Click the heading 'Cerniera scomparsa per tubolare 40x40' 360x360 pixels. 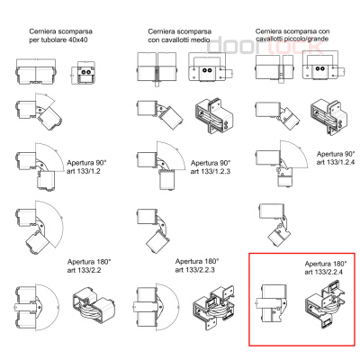(x=60, y=35)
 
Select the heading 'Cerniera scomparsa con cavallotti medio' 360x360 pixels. (x=179, y=35)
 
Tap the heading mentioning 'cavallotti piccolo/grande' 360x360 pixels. (x=292, y=35)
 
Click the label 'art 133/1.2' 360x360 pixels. (x=84, y=171)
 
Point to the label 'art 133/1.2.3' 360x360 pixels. (x=211, y=171)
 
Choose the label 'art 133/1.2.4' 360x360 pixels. (x=336, y=162)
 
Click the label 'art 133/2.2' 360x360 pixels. (x=84, y=270)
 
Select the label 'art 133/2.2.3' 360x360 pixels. (x=194, y=270)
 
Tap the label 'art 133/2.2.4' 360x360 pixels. (x=324, y=272)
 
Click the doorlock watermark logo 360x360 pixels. (x=265, y=45)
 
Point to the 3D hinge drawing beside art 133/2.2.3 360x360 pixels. (x=214, y=307)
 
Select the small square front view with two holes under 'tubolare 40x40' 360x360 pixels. (x=84, y=73)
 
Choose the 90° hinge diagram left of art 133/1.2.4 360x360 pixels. (x=281, y=164)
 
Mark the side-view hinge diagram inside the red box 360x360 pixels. (x=272, y=303)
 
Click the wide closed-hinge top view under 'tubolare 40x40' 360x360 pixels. (x=36, y=71)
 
